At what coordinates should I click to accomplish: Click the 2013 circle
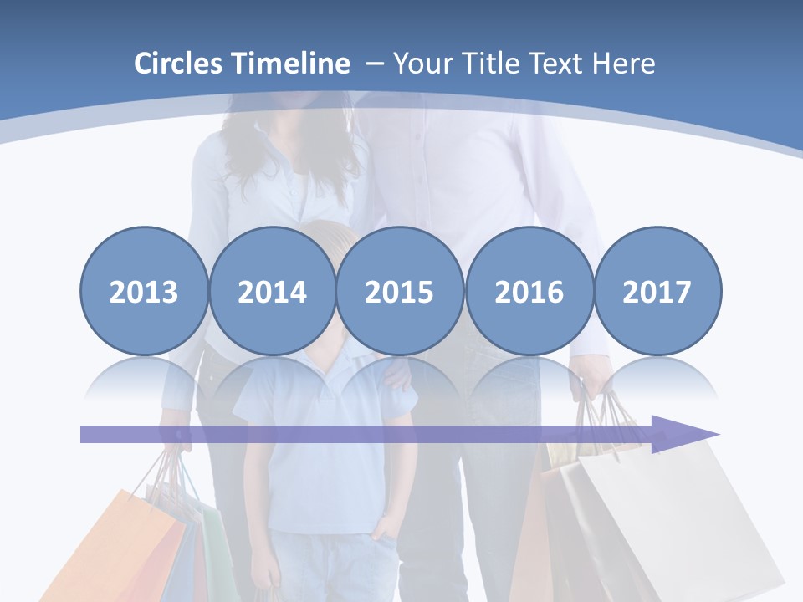click(144, 292)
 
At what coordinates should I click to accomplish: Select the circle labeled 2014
click(272, 292)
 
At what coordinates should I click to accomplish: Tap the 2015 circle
click(400, 292)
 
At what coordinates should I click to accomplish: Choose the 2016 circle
click(529, 292)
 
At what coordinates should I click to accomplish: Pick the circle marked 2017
click(657, 292)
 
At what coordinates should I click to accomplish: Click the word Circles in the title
click(181, 64)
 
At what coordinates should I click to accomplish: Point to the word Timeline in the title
click(292, 64)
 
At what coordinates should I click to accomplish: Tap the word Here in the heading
click(624, 64)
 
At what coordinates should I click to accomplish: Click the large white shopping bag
click(678, 518)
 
